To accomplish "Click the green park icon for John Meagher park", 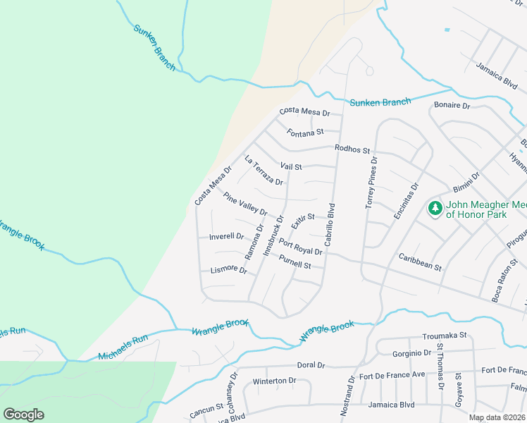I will tap(435, 209).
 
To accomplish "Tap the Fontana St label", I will tap(305, 132).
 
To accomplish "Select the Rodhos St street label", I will tap(352, 149).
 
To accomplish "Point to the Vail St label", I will tap(291, 167).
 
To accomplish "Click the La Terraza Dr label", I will tap(263, 171).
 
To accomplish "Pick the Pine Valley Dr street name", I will tap(245, 202).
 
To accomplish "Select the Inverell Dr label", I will tap(226, 237).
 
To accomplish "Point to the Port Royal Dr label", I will tap(300, 247).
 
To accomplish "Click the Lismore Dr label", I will tap(229, 270).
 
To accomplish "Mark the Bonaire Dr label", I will tap(452, 105).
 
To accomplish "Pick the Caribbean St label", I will tap(420, 262).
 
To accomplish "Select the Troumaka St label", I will tap(445, 337).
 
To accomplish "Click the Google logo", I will tap(23, 415).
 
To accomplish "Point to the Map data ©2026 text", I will tap(496, 417).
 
